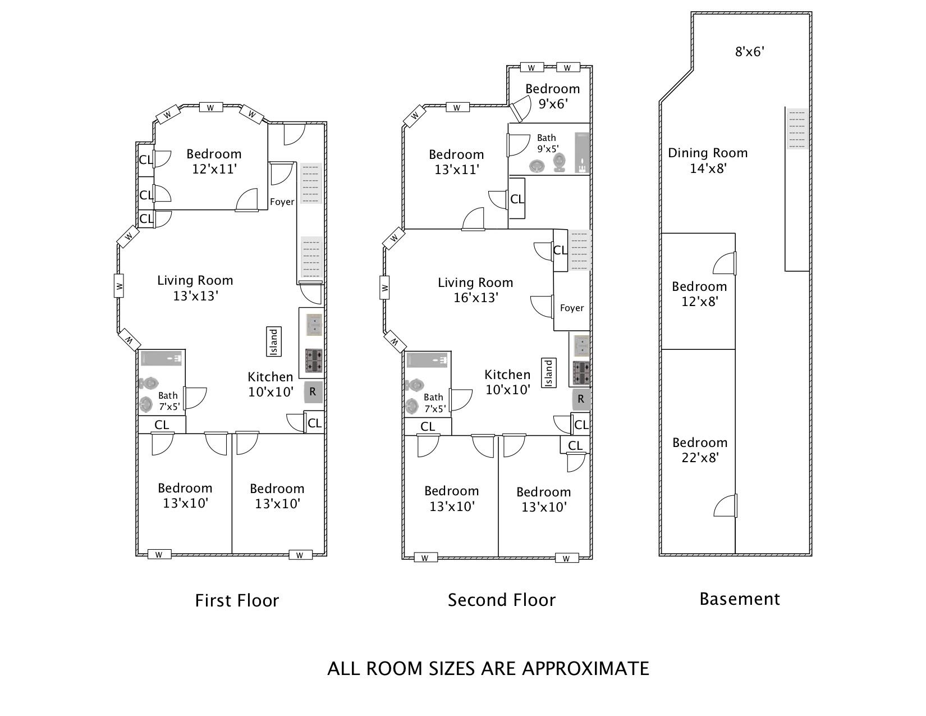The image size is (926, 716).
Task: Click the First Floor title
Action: point(236,600)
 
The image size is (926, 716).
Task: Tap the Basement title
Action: point(739,599)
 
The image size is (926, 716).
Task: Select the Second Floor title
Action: point(502,600)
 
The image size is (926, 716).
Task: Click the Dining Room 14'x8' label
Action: point(707,161)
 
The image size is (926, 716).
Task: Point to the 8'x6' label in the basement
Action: point(750,52)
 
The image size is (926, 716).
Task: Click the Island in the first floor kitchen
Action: point(273,341)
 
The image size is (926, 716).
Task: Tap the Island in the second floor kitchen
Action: point(548,373)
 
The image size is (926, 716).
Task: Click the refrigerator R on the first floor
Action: point(313,392)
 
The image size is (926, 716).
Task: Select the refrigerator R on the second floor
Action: point(581,399)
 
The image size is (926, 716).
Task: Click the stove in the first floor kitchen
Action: point(314,361)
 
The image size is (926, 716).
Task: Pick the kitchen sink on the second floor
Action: point(581,345)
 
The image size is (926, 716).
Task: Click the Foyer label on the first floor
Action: point(282,202)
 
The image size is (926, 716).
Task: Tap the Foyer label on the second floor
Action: point(572,308)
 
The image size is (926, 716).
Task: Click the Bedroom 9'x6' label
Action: point(553,97)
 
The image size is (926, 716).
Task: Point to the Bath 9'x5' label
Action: point(547,143)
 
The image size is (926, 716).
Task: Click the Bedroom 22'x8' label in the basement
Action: point(700,450)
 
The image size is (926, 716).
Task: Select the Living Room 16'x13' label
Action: point(475,290)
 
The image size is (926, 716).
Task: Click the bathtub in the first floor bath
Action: point(162,358)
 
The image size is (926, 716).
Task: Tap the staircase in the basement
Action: point(797,129)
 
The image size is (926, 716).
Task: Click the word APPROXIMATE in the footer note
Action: point(586,669)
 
